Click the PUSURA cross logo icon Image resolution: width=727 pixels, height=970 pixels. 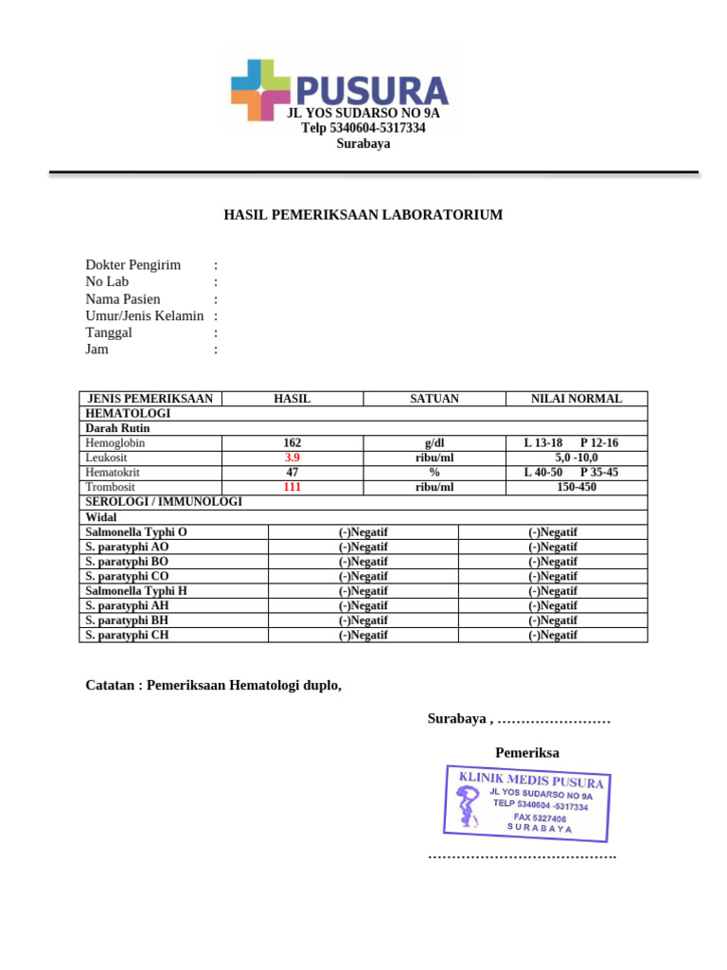(260, 90)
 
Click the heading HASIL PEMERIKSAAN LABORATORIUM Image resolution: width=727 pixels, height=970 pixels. (363, 215)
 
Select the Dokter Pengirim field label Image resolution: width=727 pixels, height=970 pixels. (133, 265)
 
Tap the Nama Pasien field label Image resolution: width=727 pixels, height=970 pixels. (123, 299)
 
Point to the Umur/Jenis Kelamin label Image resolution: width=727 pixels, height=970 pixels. (144, 315)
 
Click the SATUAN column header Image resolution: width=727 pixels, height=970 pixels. (434, 399)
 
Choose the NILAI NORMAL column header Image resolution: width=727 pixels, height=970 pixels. (576, 399)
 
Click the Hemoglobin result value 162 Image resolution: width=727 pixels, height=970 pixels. (293, 443)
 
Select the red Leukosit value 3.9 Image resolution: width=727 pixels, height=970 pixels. (293, 458)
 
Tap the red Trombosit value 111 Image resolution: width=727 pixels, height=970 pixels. (293, 487)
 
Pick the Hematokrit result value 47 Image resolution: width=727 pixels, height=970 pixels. (293, 472)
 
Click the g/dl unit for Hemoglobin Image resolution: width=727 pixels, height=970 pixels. (434, 443)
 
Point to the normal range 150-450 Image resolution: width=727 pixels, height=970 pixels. (576, 487)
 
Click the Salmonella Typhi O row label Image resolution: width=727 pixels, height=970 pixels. (136, 532)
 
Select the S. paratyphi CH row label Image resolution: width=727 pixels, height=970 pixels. (127, 635)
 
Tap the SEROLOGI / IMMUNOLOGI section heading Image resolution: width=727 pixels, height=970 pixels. (164, 501)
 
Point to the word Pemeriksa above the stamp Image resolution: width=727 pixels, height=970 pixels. (527, 753)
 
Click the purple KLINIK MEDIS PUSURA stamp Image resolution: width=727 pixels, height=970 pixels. (528, 803)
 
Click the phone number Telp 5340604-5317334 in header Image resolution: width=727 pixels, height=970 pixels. (363, 128)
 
